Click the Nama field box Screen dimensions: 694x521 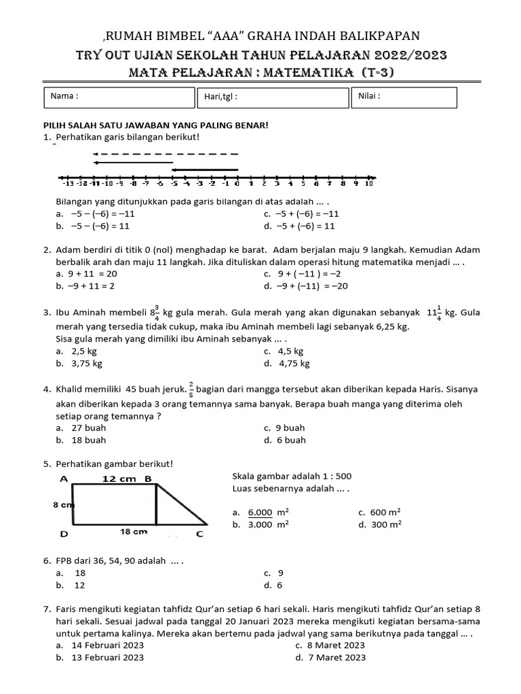pyautogui.click(x=119, y=97)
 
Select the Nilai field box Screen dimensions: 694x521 pyautogui.click(x=404, y=97)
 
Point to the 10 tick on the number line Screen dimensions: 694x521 pyautogui.click(x=369, y=182)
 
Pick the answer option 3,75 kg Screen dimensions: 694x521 pyautogui.click(x=86, y=364)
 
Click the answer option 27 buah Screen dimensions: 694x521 pyautogui.click(x=88, y=428)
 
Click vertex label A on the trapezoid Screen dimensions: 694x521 pyautogui.click(x=64, y=478)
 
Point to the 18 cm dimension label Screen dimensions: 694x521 pyautogui.click(x=134, y=532)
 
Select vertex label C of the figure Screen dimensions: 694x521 pyautogui.click(x=199, y=534)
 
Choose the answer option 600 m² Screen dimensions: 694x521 pyautogui.click(x=385, y=512)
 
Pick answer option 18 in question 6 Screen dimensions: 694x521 pyautogui.click(x=80, y=573)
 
